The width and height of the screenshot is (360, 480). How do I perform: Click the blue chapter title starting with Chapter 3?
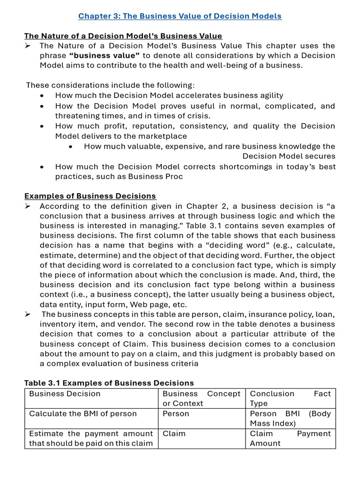(180, 16)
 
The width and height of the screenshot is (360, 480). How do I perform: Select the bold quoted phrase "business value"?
(105, 55)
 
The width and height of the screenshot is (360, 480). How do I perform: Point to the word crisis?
(199, 116)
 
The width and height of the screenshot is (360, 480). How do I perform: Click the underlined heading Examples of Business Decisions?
(90, 196)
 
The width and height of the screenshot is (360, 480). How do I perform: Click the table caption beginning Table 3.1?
(109, 383)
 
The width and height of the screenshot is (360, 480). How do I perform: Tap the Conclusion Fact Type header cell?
(290, 398)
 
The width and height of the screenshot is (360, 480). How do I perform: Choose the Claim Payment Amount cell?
(290, 438)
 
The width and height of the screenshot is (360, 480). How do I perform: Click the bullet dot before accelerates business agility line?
(43, 96)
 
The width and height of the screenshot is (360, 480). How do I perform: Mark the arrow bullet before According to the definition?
(28, 206)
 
